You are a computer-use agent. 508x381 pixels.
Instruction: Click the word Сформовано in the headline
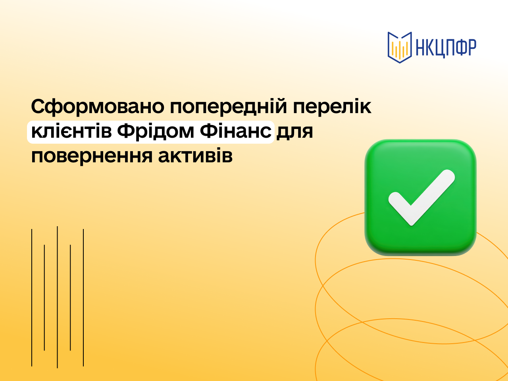(x=98, y=107)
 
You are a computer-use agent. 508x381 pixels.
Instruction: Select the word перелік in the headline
(x=332, y=107)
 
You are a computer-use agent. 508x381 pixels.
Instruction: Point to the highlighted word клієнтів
(x=71, y=131)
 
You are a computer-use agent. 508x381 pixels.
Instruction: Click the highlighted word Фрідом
(x=155, y=132)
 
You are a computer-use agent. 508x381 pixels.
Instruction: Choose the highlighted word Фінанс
(x=236, y=131)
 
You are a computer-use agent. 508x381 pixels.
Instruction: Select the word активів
(x=195, y=156)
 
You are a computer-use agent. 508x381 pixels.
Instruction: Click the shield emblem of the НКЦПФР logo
(x=400, y=47)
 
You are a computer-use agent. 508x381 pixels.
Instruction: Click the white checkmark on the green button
(x=421, y=198)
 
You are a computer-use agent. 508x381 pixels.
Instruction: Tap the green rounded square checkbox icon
(x=421, y=197)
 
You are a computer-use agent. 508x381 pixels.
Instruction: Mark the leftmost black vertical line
(x=32, y=298)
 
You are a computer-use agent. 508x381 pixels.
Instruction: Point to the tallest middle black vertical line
(x=58, y=297)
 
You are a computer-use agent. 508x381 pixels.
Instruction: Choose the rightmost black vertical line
(x=83, y=298)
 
